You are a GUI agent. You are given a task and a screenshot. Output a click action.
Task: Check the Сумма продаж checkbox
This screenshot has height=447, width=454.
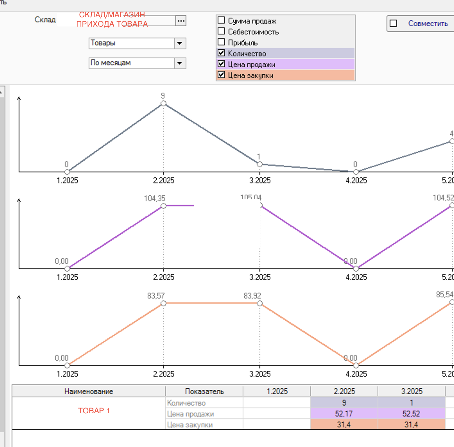pyautogui.click(x=221, y=21)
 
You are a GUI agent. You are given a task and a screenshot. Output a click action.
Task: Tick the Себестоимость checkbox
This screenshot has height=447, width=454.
pyautogui.click(x=221, y=31)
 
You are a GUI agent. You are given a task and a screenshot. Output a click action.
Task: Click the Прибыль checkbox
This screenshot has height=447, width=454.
pyautogui.click(x=221, y=42)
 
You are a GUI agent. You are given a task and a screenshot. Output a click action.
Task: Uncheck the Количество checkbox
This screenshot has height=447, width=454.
pyautogui.click(x=221, y=53)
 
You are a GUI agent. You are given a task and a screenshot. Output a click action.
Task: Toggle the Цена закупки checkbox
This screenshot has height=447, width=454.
pyautogui.click(x=221, y=75)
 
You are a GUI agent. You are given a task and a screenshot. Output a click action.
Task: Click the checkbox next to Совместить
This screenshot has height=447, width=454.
pyautogui.click(x=393, y=23)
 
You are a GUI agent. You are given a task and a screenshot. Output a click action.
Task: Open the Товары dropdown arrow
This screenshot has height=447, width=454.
pyautogui.click(x=180, y=43)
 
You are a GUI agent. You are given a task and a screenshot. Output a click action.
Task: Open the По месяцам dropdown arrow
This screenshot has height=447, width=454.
pyautogui.click(x=180, y=63)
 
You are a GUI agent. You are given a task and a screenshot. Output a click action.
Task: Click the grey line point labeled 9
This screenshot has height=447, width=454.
pyautogui.click(x=163, y=104)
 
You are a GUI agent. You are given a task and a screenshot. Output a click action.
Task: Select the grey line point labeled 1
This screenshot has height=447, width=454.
pyautogui.click(x=260, y=164)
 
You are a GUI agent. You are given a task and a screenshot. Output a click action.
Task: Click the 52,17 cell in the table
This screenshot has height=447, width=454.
pyautogui.click(x=344, y=414)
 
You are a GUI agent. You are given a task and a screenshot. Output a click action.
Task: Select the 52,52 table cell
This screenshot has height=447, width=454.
pyautogui.click(x=411, y=414)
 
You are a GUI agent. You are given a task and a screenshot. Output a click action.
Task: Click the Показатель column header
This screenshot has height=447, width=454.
pyautogui.click(x=204, y=392)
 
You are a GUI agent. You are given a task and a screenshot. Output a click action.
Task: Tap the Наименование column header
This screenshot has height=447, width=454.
pyautogui.click(x=89, y=392)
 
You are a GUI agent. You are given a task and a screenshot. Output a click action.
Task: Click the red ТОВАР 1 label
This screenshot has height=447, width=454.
pyautogui.click(x=94, y=411)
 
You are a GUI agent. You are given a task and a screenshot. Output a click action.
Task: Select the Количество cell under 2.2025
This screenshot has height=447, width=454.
pyautogui.click(x=344, y=403)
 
